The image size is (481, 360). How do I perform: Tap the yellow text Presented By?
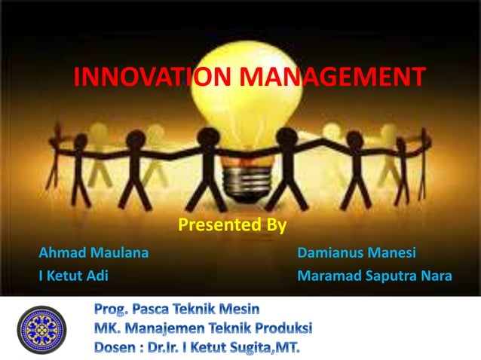231,224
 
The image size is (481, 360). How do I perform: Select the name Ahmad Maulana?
93,252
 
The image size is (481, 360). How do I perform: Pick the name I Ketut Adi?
73,276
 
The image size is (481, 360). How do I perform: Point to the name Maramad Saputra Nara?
375,276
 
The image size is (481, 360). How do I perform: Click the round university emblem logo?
42,329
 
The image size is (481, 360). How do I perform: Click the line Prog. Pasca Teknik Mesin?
177,309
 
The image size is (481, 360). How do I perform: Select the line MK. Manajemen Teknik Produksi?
203,328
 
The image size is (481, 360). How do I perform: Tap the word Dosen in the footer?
117,349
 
